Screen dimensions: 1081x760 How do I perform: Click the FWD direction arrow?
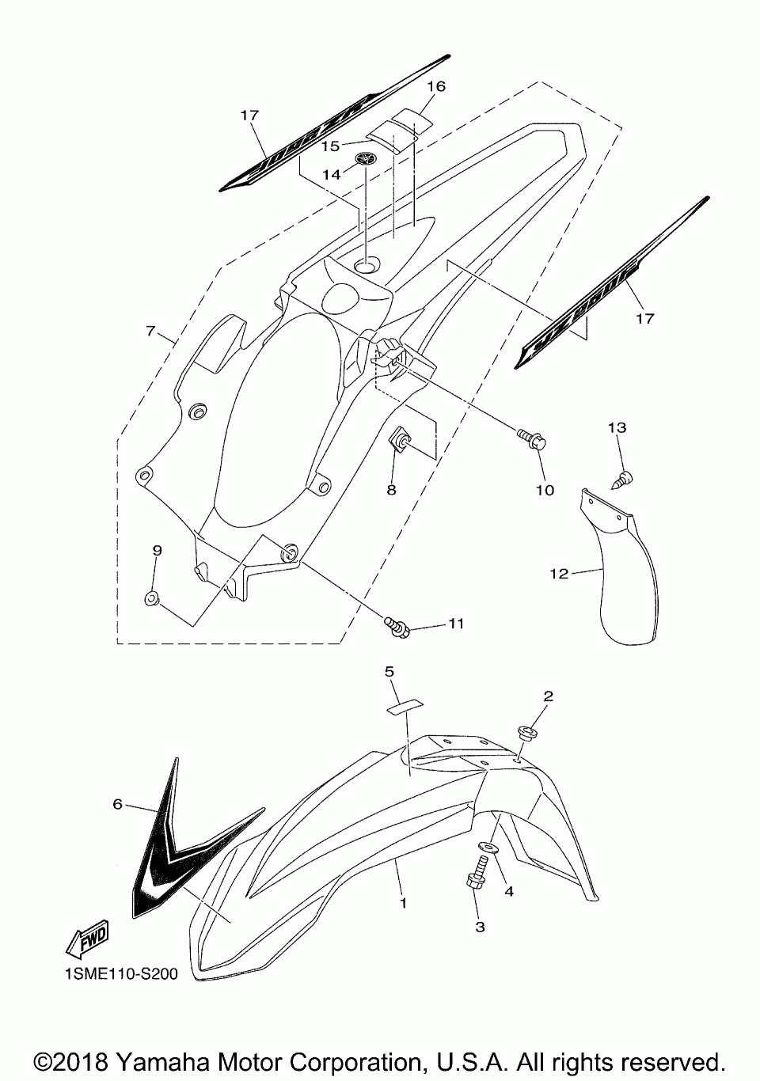(x=86, y=939)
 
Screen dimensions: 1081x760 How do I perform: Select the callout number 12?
(x=559, y=574)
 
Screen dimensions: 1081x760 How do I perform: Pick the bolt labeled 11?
(x=397, y=626)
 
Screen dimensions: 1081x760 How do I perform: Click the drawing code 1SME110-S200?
(x=116, y=974)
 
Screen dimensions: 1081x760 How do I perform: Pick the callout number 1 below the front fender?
(x=403, y=902)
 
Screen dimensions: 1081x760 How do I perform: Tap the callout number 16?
(x=437, y=85)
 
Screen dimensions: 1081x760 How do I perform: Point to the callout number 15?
(x=330, y=146)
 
